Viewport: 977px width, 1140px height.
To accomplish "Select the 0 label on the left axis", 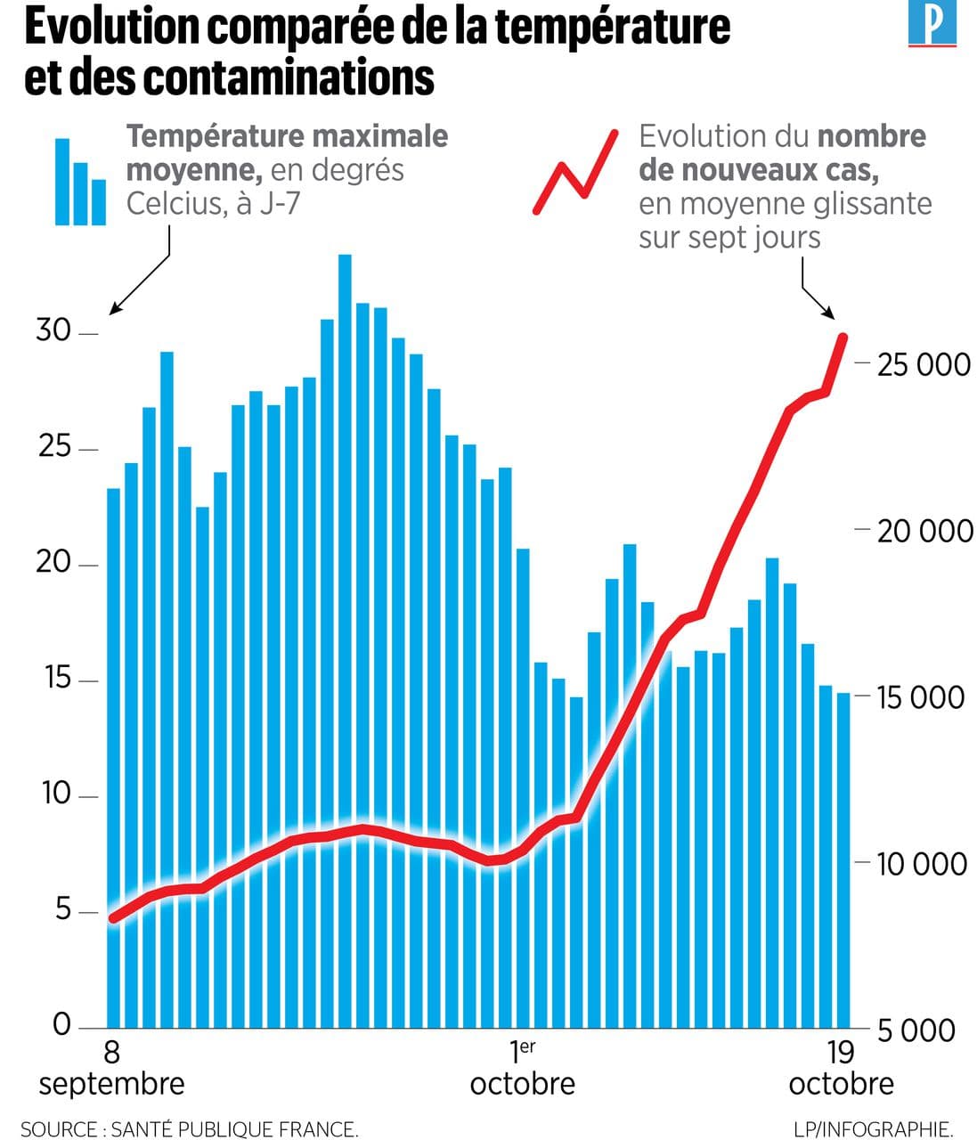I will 61,1025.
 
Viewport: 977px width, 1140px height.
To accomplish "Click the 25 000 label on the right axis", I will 924,364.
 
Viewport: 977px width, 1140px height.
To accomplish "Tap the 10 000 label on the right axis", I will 922,864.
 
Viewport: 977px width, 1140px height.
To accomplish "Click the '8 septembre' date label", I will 111,1068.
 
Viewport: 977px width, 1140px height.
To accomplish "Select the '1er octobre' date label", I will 523,1068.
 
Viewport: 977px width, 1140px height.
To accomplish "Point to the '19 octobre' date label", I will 841,1068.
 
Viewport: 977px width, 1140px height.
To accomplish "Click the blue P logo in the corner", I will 932,24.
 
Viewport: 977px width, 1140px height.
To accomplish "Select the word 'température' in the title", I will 614,28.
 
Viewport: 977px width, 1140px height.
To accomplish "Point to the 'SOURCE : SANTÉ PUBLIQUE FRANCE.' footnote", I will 190,1129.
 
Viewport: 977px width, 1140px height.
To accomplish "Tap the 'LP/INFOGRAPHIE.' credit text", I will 874,1129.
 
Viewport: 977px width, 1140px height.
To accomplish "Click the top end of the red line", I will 843,337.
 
